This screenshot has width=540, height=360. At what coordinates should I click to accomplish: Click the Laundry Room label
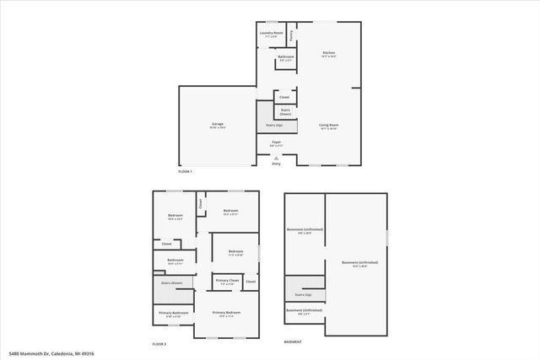click(x=271, y=35)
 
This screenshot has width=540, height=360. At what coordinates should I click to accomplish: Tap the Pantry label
click(x=291, y=35)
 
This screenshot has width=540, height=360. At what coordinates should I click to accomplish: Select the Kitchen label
click(x=329, y=54)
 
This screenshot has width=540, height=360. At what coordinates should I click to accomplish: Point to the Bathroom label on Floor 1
click(x=286, y=58)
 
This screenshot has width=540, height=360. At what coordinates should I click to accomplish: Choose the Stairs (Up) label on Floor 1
click(x=275, y=125)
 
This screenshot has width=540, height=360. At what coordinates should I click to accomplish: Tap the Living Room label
click(x=328, y=126)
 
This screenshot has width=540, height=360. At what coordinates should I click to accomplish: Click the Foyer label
click(x=276, y=143)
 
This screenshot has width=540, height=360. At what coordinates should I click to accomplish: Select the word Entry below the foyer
click(x=276, y=164)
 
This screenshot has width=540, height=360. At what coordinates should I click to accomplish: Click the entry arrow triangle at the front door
click(x=276, y=158)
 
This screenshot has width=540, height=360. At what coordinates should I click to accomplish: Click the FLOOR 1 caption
click(x=186, y=171)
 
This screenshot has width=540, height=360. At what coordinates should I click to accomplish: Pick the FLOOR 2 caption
click(x=159, y=344)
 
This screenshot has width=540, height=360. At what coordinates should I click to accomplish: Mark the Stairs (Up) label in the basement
click(x=303, y=295)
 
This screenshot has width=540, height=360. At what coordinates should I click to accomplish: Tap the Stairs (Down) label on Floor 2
click(x=171, y=283)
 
